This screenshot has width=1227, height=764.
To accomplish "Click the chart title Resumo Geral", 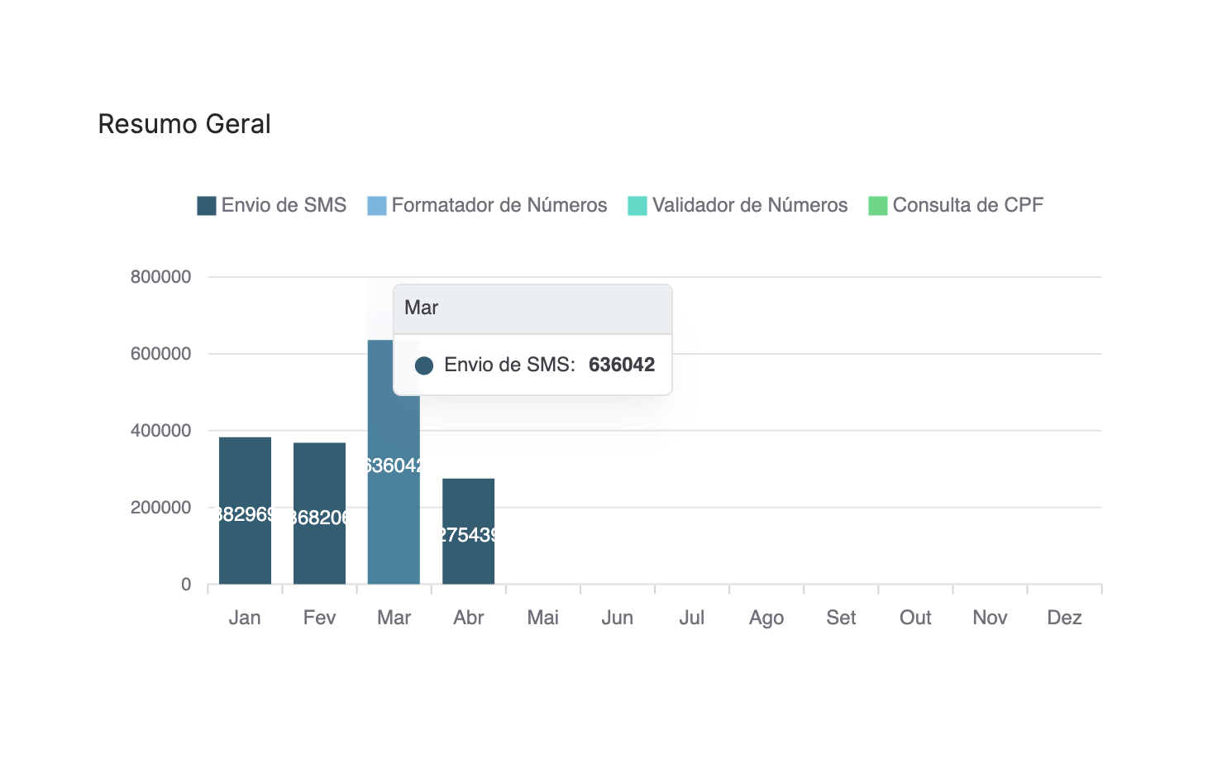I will click(x=184, y=124).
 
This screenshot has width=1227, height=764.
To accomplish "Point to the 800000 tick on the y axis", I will click(x=160, y=277).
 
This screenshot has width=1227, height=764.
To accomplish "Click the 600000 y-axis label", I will click(x=160, y=354).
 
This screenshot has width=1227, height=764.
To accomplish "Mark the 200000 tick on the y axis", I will click(x=160, y=508).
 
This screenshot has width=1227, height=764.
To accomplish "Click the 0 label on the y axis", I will click(x=186, y=585).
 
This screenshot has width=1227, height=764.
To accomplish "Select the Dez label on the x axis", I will click(x=1064, y=618).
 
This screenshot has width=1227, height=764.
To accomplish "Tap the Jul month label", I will click(x=692, y=618).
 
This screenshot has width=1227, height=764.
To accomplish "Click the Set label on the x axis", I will click(x=841, y=618).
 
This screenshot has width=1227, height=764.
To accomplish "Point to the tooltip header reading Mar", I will click(x=422, y=308).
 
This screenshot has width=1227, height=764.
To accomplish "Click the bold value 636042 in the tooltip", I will click(x=622, y=365).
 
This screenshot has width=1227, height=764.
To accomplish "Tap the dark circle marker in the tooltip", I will click(x=424, y=365).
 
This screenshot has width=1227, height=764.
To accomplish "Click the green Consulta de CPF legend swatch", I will click(x=877, y=206).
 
